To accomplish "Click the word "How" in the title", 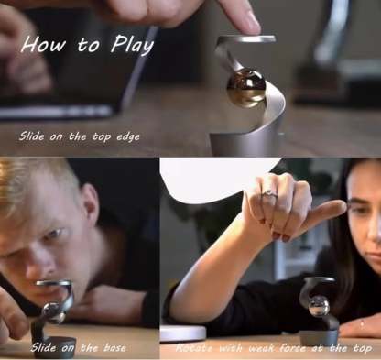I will [x=43, y=44].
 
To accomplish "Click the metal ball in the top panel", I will [x=245, y=88].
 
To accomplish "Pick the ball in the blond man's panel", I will [x=54, y=312].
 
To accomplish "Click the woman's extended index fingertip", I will [x=340, y=208].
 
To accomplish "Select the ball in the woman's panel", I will [x=320, y=310].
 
